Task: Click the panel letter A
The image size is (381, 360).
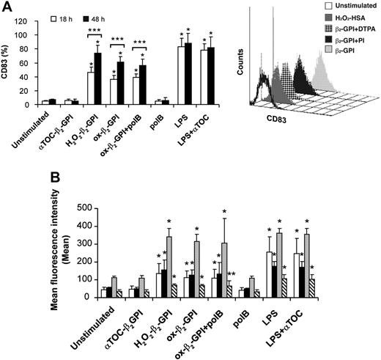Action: click(7, 7)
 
